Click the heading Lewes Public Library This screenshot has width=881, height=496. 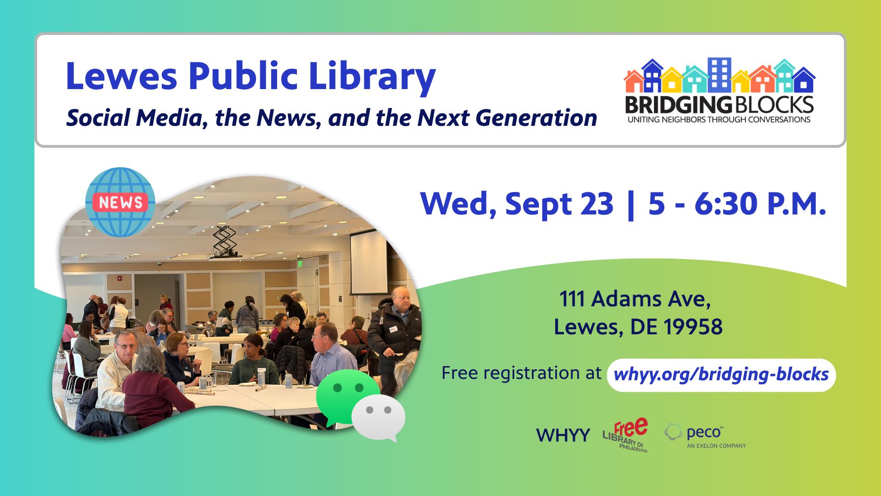click(x=251, y=77)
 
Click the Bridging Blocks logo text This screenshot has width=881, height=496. click(x=719, y=105)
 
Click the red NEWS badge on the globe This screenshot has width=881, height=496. click(x=120, y=202)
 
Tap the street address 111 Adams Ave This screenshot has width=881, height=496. click(x=635, y=299)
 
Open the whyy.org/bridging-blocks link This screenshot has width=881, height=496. click(x=721, y=375)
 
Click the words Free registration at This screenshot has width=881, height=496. click(x=521, y=373)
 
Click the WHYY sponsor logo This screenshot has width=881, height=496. click(x=563, y=435)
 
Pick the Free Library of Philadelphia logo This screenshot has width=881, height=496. click(x=625, y=435)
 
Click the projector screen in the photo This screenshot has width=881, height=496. click(x=368, y=264)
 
